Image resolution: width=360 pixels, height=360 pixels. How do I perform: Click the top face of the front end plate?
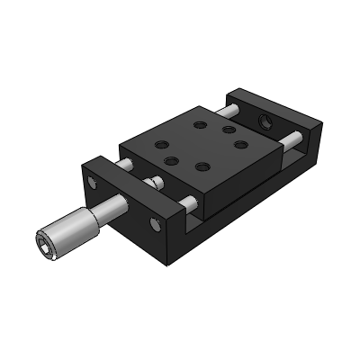pyautogui.click(x=135, y=181)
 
